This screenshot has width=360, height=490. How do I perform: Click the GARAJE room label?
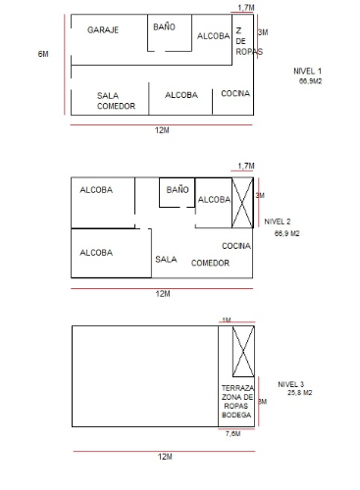(103, 30)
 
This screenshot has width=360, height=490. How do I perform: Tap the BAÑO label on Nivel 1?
(164, 26)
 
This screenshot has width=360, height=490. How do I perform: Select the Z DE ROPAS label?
(249, 41)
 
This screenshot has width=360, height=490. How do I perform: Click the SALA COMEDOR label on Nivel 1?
(116, 101)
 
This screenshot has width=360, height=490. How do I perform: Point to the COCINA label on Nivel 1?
(235, 93)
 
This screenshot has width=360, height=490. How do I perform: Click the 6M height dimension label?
(43, 54)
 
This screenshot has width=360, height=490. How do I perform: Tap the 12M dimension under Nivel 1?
(162, 130)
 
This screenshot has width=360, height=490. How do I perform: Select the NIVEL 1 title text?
(307, 71)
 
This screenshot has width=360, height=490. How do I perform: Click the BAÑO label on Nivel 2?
(178, 189)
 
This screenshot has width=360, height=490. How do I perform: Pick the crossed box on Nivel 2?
(242, 203)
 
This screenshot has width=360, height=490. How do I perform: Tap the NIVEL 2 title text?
(278, 221)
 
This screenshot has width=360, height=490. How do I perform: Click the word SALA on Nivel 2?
(166, 260)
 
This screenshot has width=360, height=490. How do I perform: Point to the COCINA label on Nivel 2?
(236, 246)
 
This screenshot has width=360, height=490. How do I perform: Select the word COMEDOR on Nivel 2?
(210, 263)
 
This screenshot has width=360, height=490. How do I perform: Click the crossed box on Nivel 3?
(243, 351)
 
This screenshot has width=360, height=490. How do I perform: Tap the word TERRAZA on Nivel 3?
(237, 388)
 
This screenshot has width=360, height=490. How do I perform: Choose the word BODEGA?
(236, 415)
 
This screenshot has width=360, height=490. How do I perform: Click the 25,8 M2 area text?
(300, 393)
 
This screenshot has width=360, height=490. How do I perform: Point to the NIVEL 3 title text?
(291, 384)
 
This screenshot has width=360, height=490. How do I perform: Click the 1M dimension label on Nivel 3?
(227, 320)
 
